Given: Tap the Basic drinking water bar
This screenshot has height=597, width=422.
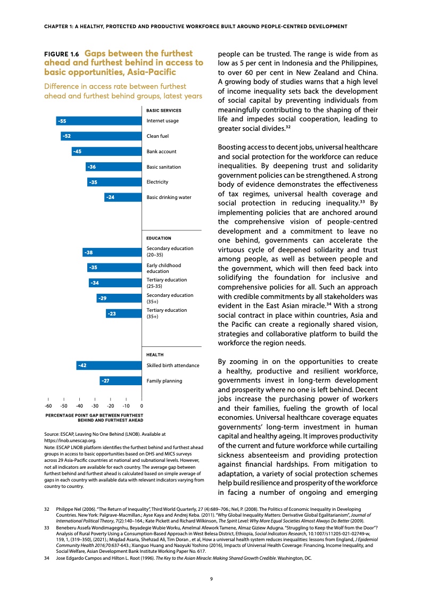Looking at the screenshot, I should [x=123, y=197].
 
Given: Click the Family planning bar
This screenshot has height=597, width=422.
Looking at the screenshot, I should [x=121, y=381].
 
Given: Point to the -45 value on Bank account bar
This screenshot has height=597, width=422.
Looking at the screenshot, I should [x=77, y=152].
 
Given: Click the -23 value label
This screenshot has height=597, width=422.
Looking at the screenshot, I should [x=112, y=314].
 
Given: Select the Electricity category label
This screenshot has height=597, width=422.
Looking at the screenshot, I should [x=157, y=182].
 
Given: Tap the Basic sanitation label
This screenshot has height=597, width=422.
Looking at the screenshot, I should [x=163, y=167].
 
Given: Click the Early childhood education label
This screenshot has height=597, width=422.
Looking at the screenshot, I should [x=163, y=268].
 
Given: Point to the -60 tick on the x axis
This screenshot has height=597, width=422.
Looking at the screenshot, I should [x=48, y=406].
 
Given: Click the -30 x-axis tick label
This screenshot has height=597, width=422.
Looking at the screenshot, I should [x=95, y=406].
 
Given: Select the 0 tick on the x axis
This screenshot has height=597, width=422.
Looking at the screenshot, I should [x=142, y=406].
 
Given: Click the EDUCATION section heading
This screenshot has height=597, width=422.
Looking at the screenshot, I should [x=159, y=238].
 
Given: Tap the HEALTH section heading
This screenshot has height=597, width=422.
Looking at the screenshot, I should [x=154, y=354].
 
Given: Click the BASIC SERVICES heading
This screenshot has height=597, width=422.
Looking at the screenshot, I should [x=164, y=111].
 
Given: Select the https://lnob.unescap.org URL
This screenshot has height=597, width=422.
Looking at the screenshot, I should [x=70, y=441].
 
